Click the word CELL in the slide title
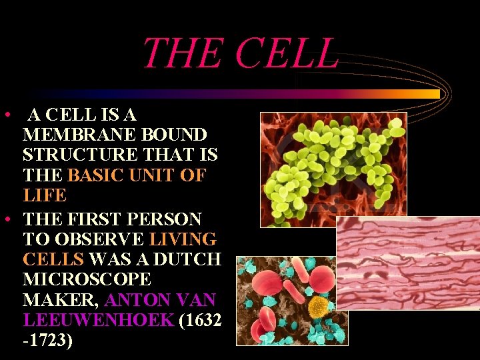click(x=289, y=53)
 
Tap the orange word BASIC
click(x=99, y=176)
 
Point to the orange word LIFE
click(x=45, y=196)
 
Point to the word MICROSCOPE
click(x=87, y=279)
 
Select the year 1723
click(x=48, y=341)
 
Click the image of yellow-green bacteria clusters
click(x=333, y=169)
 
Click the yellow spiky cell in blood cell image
click(x=319, y=306)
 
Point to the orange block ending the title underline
click(x=430, y=94)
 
